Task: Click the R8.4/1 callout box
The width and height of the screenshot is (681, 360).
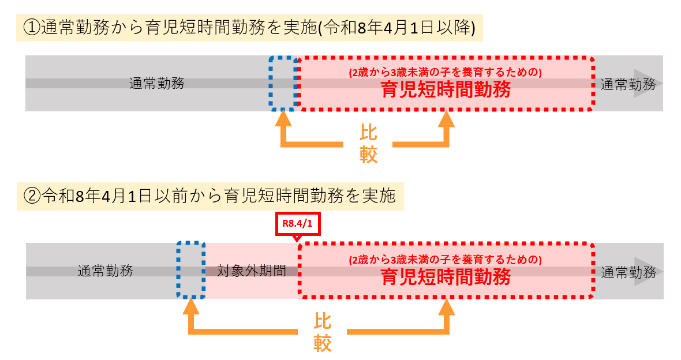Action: click(x=298, y=224)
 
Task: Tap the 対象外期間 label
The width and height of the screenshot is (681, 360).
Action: click(x=252, y=271)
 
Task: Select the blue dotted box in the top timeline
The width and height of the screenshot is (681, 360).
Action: click(x=283, y=83)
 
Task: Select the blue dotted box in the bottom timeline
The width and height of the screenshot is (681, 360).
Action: click(x=191, y=271)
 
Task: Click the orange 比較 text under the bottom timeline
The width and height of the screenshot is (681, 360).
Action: click(x=323, y=332)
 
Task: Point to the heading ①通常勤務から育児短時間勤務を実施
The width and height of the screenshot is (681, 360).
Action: click(x=249, y=27)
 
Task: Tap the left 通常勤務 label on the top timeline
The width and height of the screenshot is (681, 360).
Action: click(x=157, y=83)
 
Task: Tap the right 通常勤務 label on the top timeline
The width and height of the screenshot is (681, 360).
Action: click(x=628, y=84)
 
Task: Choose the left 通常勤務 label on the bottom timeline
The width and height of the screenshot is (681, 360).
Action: click(x=106, y=271)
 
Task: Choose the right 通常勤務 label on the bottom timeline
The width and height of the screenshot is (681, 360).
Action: click(x=628, y=272)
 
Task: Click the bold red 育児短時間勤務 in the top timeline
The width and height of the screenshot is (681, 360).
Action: click(x=446, y=90)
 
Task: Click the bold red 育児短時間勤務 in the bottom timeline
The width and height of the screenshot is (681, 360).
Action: click(x=446, y=277)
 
